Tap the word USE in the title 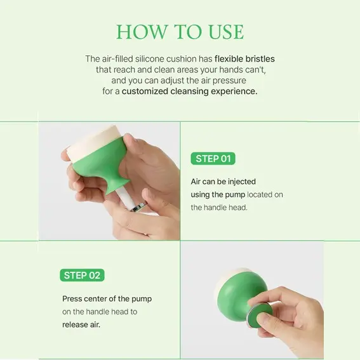pos(226,32)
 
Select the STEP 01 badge pos(213,159)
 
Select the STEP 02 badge pos(82,275)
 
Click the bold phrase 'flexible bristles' pos(244,59)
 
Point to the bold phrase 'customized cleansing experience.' pos(189,91)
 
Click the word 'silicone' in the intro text pos(149,59)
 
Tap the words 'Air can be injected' pos(223,182)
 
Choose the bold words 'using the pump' pos(218,195)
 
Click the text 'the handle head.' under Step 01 pos(219,208)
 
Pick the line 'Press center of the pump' pos(107,298)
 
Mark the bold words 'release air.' pos(81,324)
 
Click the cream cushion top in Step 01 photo pos(92,143)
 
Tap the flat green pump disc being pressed pos(260,315)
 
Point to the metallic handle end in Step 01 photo pos(138,206)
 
